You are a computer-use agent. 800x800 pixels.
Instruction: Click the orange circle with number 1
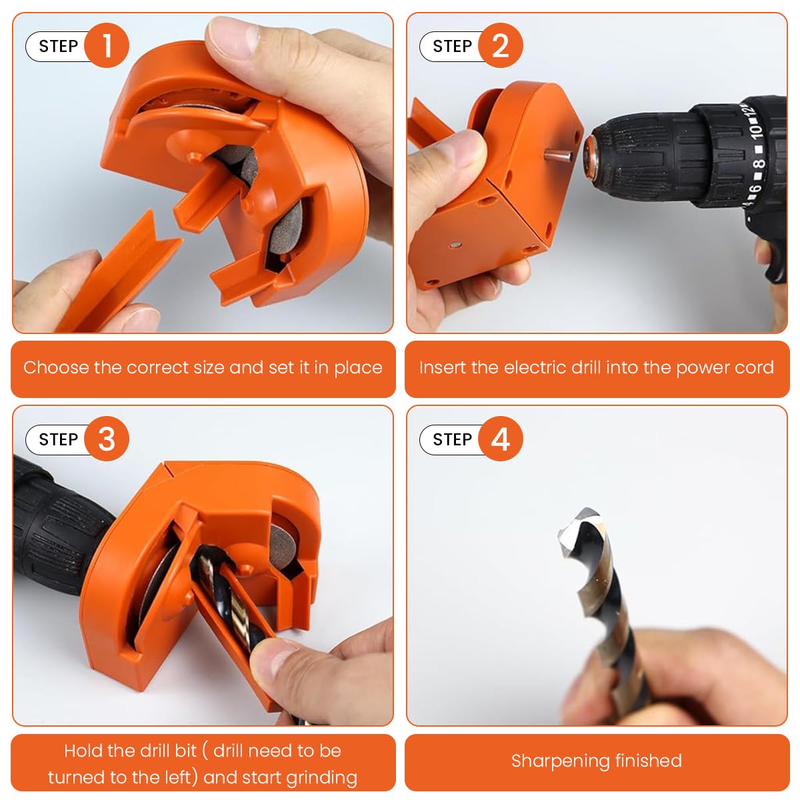tap(107, 46)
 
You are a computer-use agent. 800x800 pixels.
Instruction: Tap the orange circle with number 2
tap(501, 46)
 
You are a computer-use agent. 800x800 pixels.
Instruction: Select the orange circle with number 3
tap(107, 439)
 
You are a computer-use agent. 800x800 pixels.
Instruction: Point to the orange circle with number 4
tap(501, 439)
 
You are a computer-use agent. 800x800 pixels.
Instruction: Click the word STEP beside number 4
tap(452, 440)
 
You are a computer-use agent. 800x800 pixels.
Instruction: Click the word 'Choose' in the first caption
tap(56, 368)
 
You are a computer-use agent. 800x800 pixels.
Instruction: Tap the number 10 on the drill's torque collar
tap(756, 131)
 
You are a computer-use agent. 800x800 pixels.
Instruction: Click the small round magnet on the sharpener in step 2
tap(453, 246)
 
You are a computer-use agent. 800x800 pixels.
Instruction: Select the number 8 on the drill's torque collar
tap(759, 165)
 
